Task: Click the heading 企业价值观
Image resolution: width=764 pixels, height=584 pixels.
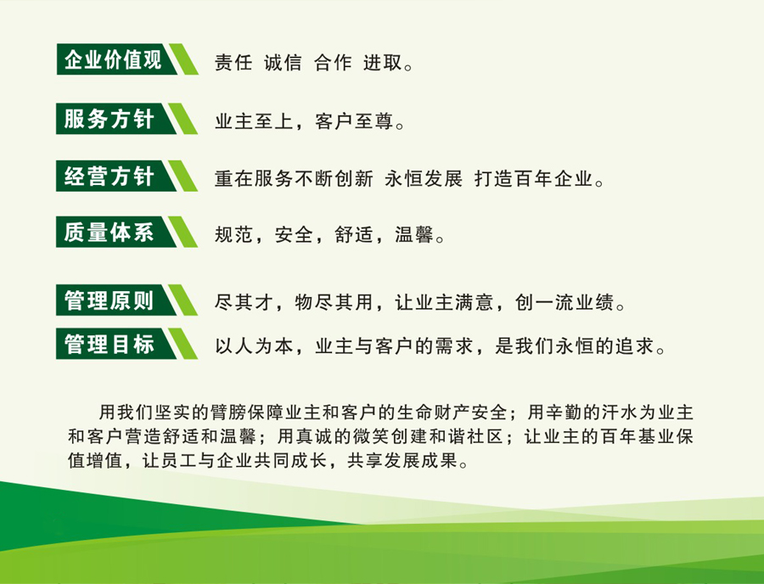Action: coord(113,59)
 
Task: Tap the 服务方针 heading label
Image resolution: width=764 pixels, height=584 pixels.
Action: coord(110,119)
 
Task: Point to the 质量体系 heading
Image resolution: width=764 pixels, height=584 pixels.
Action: coord(110,232)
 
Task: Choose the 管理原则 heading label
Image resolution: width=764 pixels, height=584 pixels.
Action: coord(110,300)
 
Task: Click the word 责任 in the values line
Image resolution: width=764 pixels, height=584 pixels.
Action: coord(233,63)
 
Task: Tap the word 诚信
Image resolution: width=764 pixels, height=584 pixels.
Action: coord(283,63)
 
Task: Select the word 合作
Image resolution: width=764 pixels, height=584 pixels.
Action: coord(333,63)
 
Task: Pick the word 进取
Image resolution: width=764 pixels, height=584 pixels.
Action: coord(383,63)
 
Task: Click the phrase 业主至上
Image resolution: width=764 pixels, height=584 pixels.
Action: coord(254,121)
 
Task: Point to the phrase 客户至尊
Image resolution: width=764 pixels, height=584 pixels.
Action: coord(354,121)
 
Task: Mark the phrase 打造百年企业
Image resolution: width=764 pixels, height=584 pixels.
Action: coord(534,179)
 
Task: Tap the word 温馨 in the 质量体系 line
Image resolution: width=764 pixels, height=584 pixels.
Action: coord(413,235)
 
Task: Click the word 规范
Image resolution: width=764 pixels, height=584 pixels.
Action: coord(233,235)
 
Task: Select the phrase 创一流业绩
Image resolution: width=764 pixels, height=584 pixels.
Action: coord(565,302)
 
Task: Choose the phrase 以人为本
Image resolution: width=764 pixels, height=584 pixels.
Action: coord(254,346)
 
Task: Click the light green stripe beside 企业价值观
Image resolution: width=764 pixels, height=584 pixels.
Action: coord(183,59)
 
